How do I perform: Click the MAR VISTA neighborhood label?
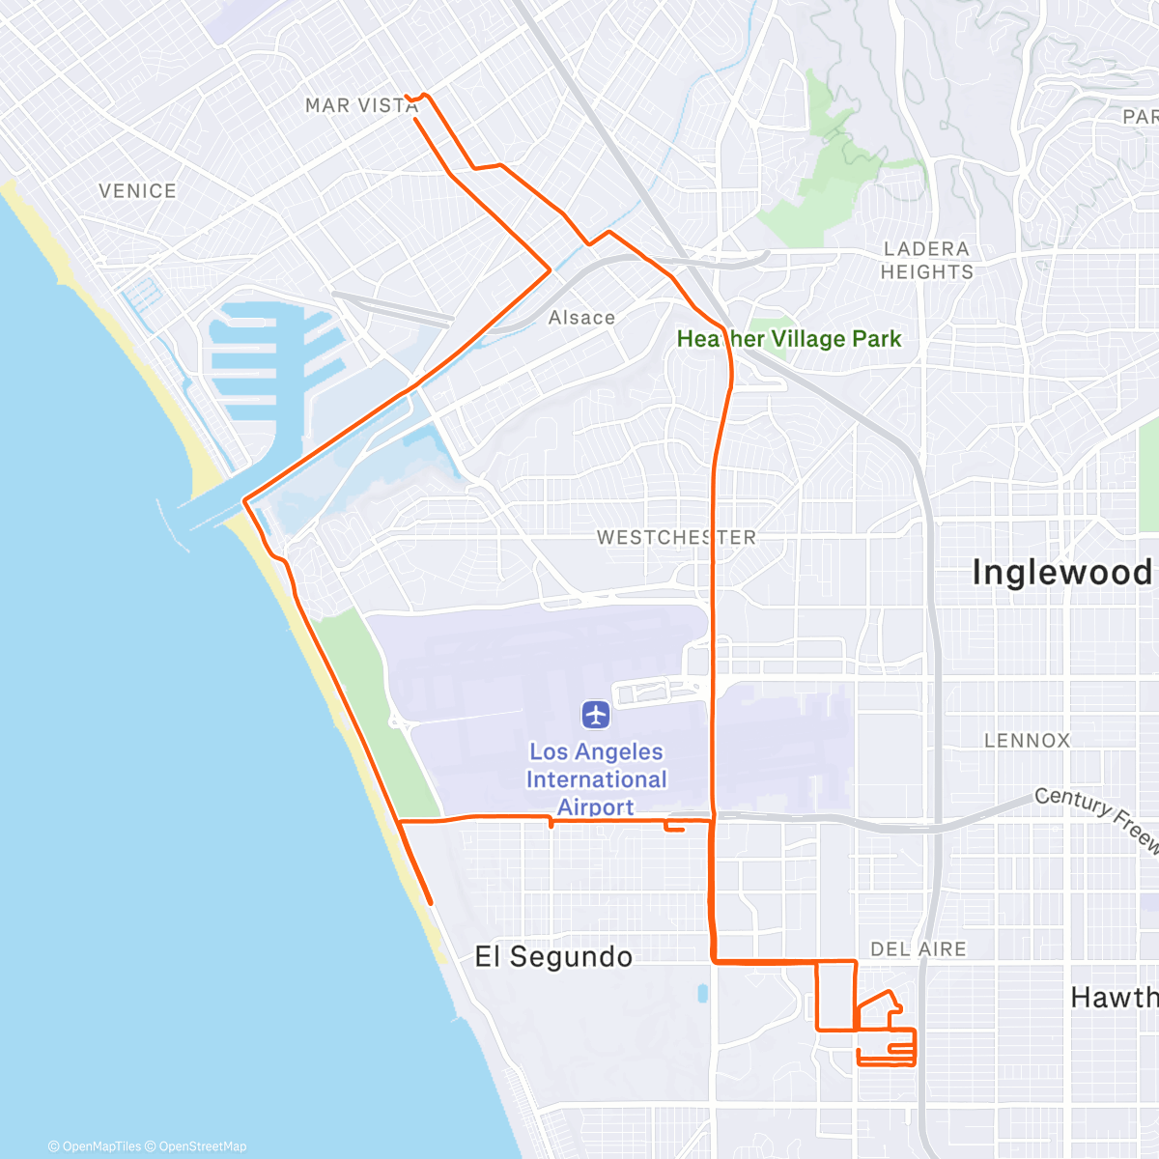point(361,105)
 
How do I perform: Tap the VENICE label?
point(137,191)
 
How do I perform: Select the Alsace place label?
point(581,318)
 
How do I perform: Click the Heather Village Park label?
point(788,339)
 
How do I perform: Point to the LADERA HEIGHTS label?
point(926,261)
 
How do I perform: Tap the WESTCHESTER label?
point(676,537)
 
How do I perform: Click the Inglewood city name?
point(1061,572)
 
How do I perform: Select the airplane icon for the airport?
point(596,716)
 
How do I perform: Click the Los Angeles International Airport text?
point(596,779)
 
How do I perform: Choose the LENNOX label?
point(1027,741)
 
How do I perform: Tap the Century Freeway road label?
point(1096,818)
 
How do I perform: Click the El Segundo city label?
point(553,957)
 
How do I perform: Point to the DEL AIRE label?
point(918,949)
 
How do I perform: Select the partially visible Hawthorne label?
point(1114,998)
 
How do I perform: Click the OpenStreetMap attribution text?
point(202,1146)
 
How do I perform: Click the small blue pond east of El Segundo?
point(702,994)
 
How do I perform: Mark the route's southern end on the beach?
point(430,903)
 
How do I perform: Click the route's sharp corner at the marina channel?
point(244,500)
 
